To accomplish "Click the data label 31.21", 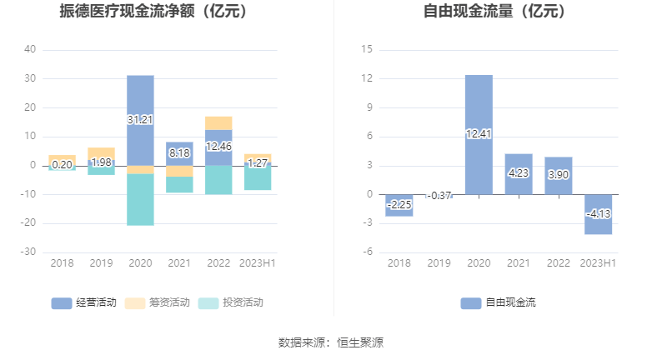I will click(140, 119).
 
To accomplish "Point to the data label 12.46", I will click(218, 147).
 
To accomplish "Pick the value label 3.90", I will click(559, 176).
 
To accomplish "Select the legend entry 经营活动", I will click(84, 302).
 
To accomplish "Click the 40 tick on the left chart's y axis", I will click(30, 50).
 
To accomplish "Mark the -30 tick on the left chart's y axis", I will click(28, 252).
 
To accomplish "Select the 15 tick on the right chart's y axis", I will click(366, 50).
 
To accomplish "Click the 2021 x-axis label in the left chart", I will click(179, 263).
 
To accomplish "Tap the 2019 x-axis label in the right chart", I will click(439, 263).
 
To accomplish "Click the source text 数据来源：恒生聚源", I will click(331, 342).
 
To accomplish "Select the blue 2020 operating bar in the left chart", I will click(140, 133).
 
